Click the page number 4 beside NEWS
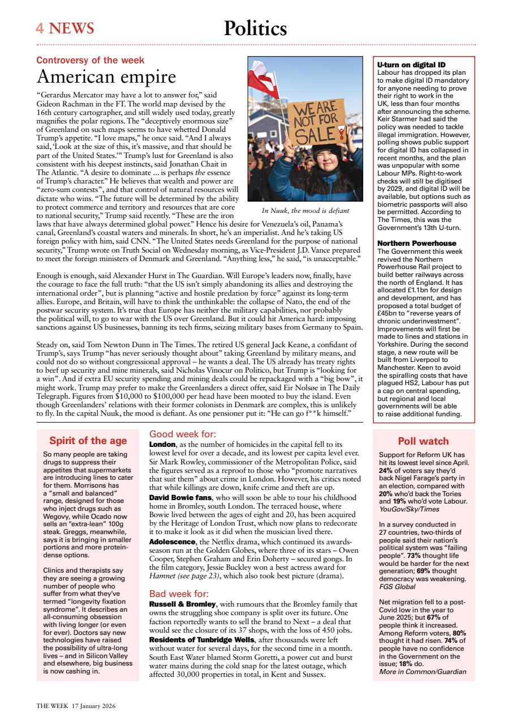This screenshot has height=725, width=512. pos(40,28)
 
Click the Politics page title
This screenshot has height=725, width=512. pos(255,28)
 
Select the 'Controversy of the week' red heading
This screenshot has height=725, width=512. pos(91,60)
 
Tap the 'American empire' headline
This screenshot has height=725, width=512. pos(106,76)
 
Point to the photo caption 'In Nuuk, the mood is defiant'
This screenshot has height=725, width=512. pos(305,211)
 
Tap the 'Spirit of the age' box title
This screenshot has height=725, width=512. pos(88,441)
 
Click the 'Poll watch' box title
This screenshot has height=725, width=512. pos(423,441)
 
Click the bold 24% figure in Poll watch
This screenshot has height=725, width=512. pos(385,470)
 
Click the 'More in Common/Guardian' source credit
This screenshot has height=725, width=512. pos(423,672)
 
